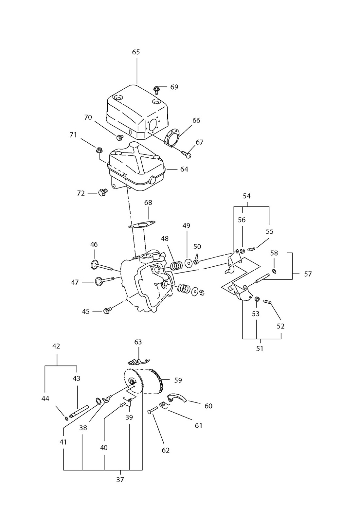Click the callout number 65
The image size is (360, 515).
136,52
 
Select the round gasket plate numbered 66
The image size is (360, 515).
172,138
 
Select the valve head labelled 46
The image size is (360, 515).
94,264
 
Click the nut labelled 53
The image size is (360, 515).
257,299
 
